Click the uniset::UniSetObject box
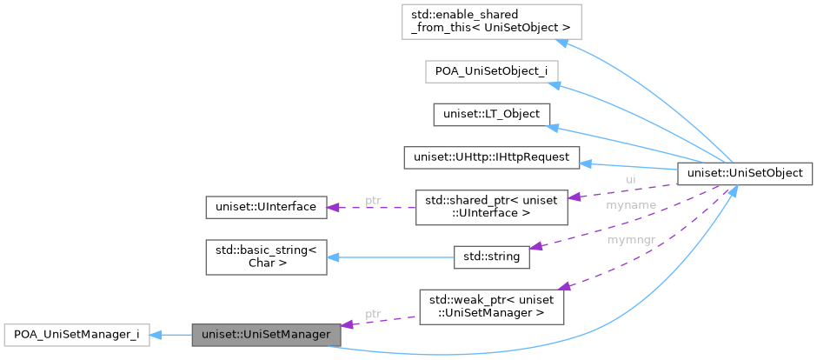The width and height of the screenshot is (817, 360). coord(745,173)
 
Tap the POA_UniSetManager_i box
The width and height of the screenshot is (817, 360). coord(76,334)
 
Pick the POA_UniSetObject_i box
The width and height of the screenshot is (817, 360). coord(490,71)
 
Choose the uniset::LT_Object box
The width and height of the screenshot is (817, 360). coord(490,114)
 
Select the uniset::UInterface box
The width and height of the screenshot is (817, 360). coord(266,207)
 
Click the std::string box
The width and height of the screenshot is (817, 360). coord(491,257)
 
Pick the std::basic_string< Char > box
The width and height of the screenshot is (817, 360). coord(266,257)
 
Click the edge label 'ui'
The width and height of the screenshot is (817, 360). coord(631,179)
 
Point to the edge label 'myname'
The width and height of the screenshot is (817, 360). coord(631,205)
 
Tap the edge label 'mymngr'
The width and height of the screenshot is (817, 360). coord(631,237)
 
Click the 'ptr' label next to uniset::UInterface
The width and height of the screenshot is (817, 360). coord(373,200)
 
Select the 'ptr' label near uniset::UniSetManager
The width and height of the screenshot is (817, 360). coord(373,313)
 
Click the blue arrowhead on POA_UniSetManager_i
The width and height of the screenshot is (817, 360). coord(157,334)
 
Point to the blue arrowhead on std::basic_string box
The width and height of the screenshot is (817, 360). coord(334,257)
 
